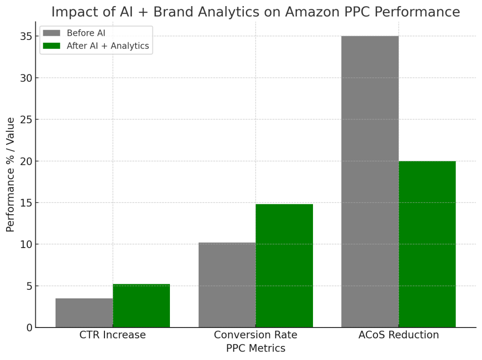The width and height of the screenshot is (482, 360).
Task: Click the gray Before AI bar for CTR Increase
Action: (x=84, y=313)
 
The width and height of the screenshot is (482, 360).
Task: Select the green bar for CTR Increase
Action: (x=141, y=306)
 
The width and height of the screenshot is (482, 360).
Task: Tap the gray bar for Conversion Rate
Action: (x=227, y=285)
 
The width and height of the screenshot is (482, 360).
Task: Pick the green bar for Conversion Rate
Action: (x=284, y=266)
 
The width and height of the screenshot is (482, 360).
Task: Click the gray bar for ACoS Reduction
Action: (x=370, y=182)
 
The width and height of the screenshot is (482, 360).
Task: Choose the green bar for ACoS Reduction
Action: (x=427, y=244)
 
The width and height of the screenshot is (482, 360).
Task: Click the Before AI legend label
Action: (x=86, y=33)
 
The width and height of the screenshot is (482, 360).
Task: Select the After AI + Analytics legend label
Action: (x=108, y=46)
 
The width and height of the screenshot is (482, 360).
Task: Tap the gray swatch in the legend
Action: (x=52, y=33)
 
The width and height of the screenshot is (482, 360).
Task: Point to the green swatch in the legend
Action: (x=52, y=46)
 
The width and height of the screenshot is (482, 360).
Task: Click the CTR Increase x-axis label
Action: (x=112, y=335)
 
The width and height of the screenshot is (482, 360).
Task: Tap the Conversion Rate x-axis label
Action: (x=256, y=335)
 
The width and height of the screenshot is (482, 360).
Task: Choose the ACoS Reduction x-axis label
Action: (x=399, y=335)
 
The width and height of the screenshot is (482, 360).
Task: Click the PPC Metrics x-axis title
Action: (x=256, y=348)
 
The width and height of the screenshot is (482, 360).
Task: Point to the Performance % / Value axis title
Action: (x=10, y=175)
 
